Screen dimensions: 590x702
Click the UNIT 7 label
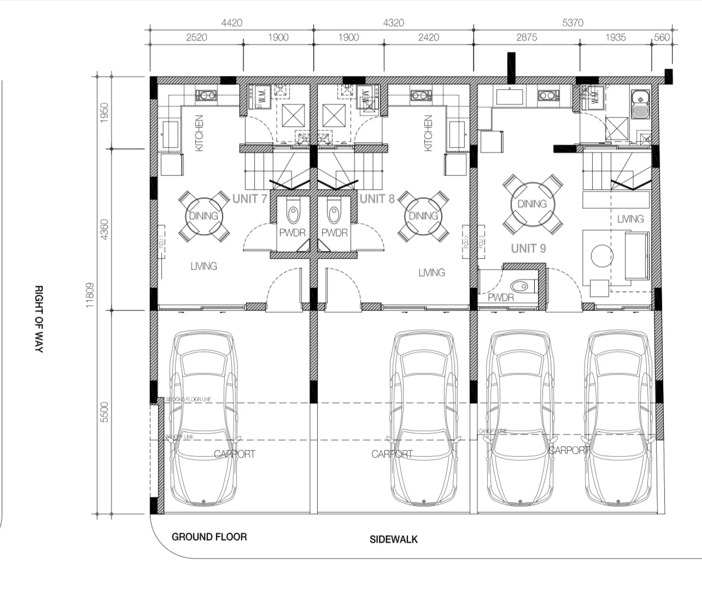(249, 198)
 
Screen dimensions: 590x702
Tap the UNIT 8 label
(377, 198)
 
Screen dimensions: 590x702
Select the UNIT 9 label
(528, 248)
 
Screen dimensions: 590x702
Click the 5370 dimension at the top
(572, 23)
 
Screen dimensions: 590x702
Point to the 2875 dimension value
(526, 37)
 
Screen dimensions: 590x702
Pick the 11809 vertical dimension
(90, 295)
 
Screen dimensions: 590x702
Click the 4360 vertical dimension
(105, 229)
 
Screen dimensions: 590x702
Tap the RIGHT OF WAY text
(39, 318)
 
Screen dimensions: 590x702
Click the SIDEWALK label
(394, 539)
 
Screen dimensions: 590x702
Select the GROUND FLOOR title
(209, 537)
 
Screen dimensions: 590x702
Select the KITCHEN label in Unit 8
(428, 133)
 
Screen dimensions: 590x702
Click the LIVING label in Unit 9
(630, 219)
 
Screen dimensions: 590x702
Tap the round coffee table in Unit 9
(601, 255)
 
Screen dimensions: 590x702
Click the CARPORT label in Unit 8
(392, 454)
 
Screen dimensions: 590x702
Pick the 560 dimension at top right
(662, 37)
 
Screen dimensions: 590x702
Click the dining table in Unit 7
(203, 216)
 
